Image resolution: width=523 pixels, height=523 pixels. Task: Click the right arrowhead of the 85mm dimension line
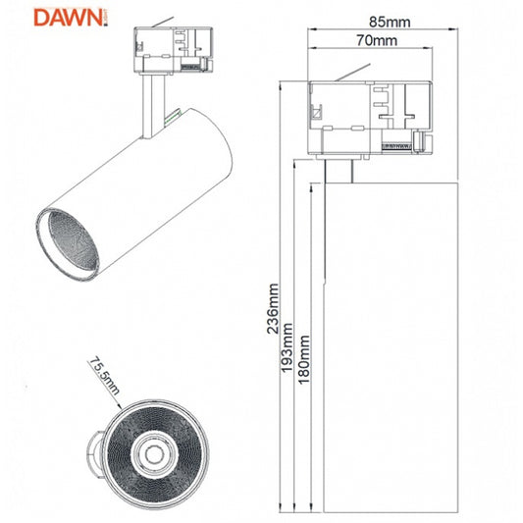coord(457,28)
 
